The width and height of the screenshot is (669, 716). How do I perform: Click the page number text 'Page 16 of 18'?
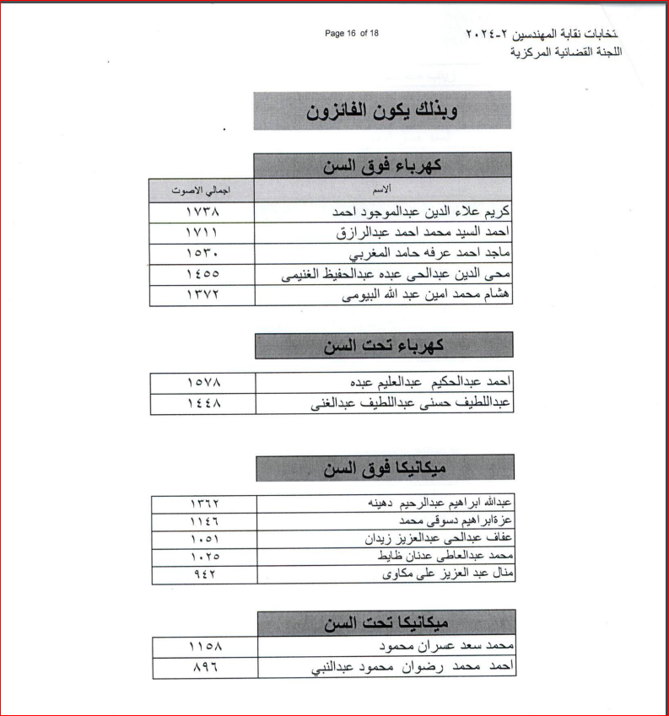(x=352, y=33)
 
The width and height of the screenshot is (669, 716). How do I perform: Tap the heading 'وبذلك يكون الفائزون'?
(x=383, y=111)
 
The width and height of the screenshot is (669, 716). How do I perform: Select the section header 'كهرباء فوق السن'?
(x=382, y=165)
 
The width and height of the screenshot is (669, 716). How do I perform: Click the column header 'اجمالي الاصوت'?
(x=201, y=190)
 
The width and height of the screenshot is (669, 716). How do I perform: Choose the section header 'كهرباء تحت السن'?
(x=384, y=345)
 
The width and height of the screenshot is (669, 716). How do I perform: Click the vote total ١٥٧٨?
(x=203, y=383)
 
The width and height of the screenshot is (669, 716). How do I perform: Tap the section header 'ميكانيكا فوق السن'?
(x=385, y=467)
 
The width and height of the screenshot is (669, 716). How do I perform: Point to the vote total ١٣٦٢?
(x=205, y=503)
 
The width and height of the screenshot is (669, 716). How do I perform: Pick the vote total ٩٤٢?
(x=205, y=575)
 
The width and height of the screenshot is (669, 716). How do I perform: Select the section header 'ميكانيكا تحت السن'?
(x=385, y=623)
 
